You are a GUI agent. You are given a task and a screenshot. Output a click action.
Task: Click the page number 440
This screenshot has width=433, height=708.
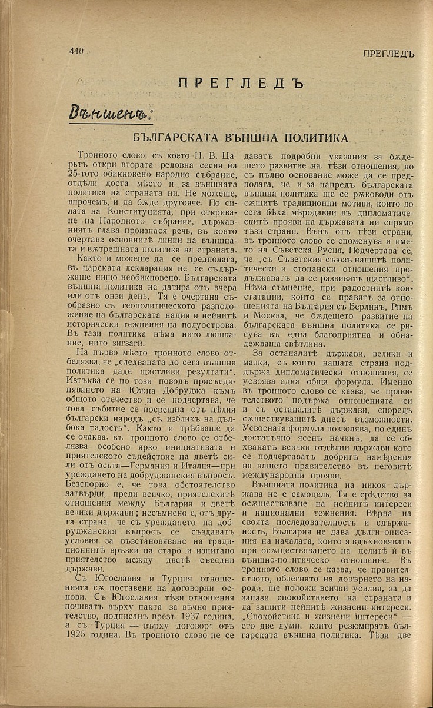(x=76, y=51)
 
